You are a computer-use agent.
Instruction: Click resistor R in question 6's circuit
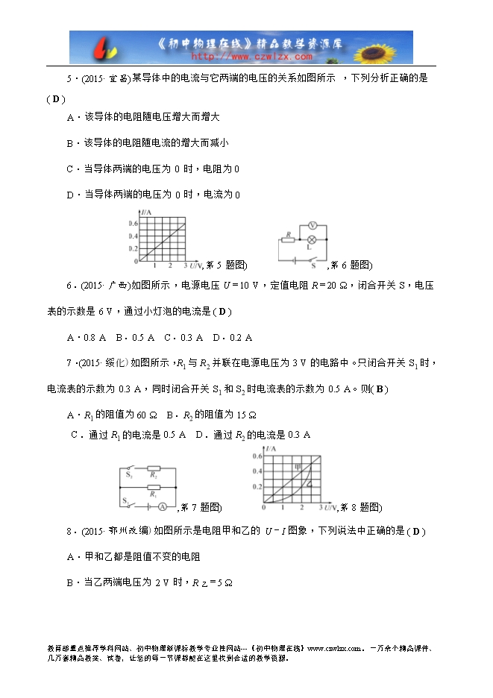click(288, 239)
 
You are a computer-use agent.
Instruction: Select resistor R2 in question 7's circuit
click(153, 474)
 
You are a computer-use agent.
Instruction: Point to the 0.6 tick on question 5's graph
click(133, 224)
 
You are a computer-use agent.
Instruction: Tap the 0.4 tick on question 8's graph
click(257, 471)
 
